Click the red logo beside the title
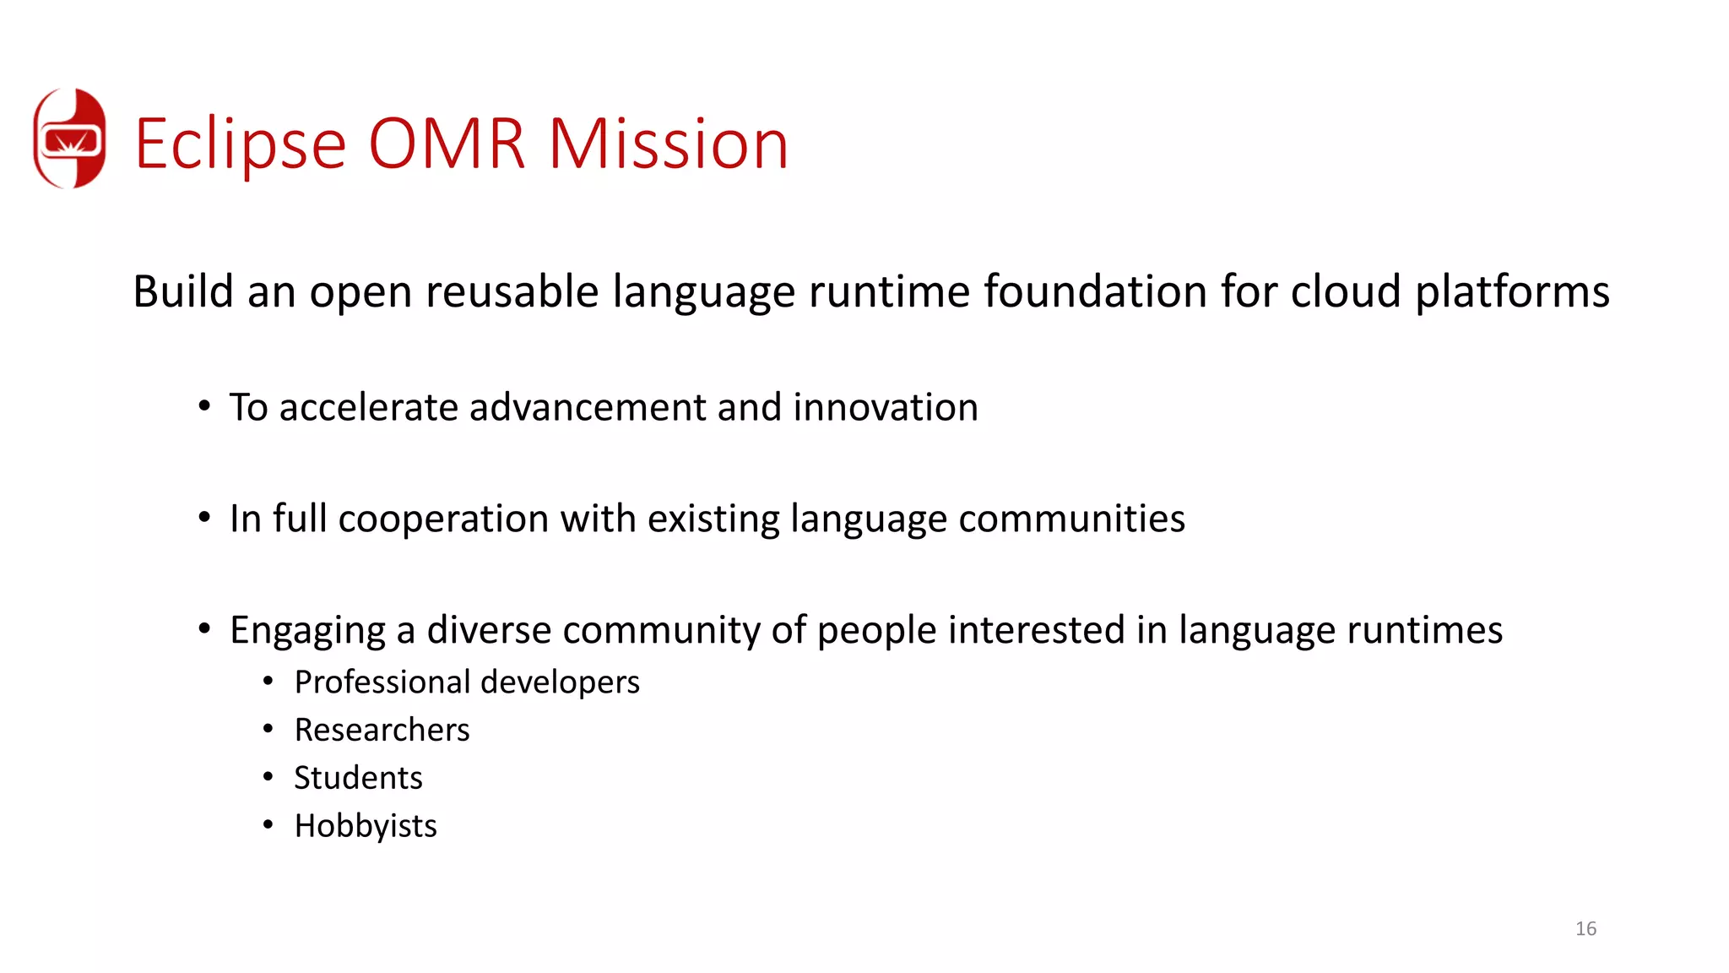point(69,139)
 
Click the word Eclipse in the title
point(241,144)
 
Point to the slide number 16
point(1585,929)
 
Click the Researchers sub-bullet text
point(382,730)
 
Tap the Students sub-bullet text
point(358,778)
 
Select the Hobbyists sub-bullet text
point(366,826)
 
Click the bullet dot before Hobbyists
point(268,824)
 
